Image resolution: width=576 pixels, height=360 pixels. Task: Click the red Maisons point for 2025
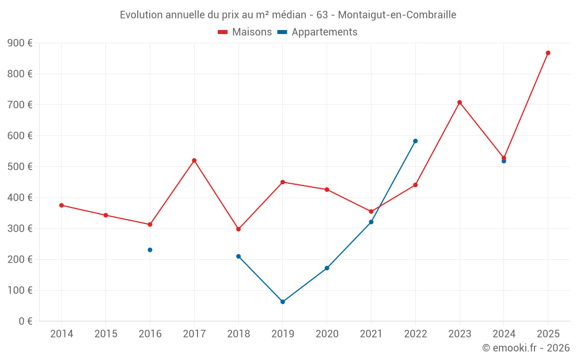pyautogui.click(x=548, y=53)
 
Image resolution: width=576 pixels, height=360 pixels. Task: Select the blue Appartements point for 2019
pyautogui.click(x=283, y=302)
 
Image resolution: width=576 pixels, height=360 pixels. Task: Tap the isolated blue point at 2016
pyautogui.click(x=150, y=250)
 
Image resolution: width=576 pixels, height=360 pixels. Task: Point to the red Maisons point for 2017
pyautogui.click(x=194, y=161)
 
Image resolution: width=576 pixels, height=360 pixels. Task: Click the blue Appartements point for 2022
pyautogui.click(x=415, y=141)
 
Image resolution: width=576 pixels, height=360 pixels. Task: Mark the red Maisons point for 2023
pyautogui.click(x=460, y=103)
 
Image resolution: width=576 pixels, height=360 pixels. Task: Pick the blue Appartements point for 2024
pyautogui.click(x=504, y=161)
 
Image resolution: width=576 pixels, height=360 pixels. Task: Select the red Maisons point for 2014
pyautogui.click(x=62, y=205)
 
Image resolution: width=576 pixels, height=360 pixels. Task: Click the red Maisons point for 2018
pyautogui.click(x=238, y=229)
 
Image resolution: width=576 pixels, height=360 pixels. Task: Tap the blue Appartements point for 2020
pyautogui.click(x=327, y=268)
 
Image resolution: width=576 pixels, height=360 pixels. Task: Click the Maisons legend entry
pyautogui.click(x=245, y=32)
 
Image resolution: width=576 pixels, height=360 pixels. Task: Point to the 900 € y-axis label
pyautogui.click(x=20, y=43)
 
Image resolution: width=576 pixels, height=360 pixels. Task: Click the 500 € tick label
pyautogui.click(x=20, y=167)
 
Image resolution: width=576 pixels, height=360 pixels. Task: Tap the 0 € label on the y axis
pyautogui.click(x=25, y=321)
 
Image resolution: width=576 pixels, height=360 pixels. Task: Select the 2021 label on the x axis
pyautogui.click(x=371, y=334)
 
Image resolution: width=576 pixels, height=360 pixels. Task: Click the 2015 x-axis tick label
pyautogui.click(x=106, y=334)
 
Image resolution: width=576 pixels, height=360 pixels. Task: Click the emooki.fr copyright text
pyautogui.click(x=526, y=348)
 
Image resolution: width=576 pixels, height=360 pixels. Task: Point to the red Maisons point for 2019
pyautogui.click(x=283, y=182)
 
